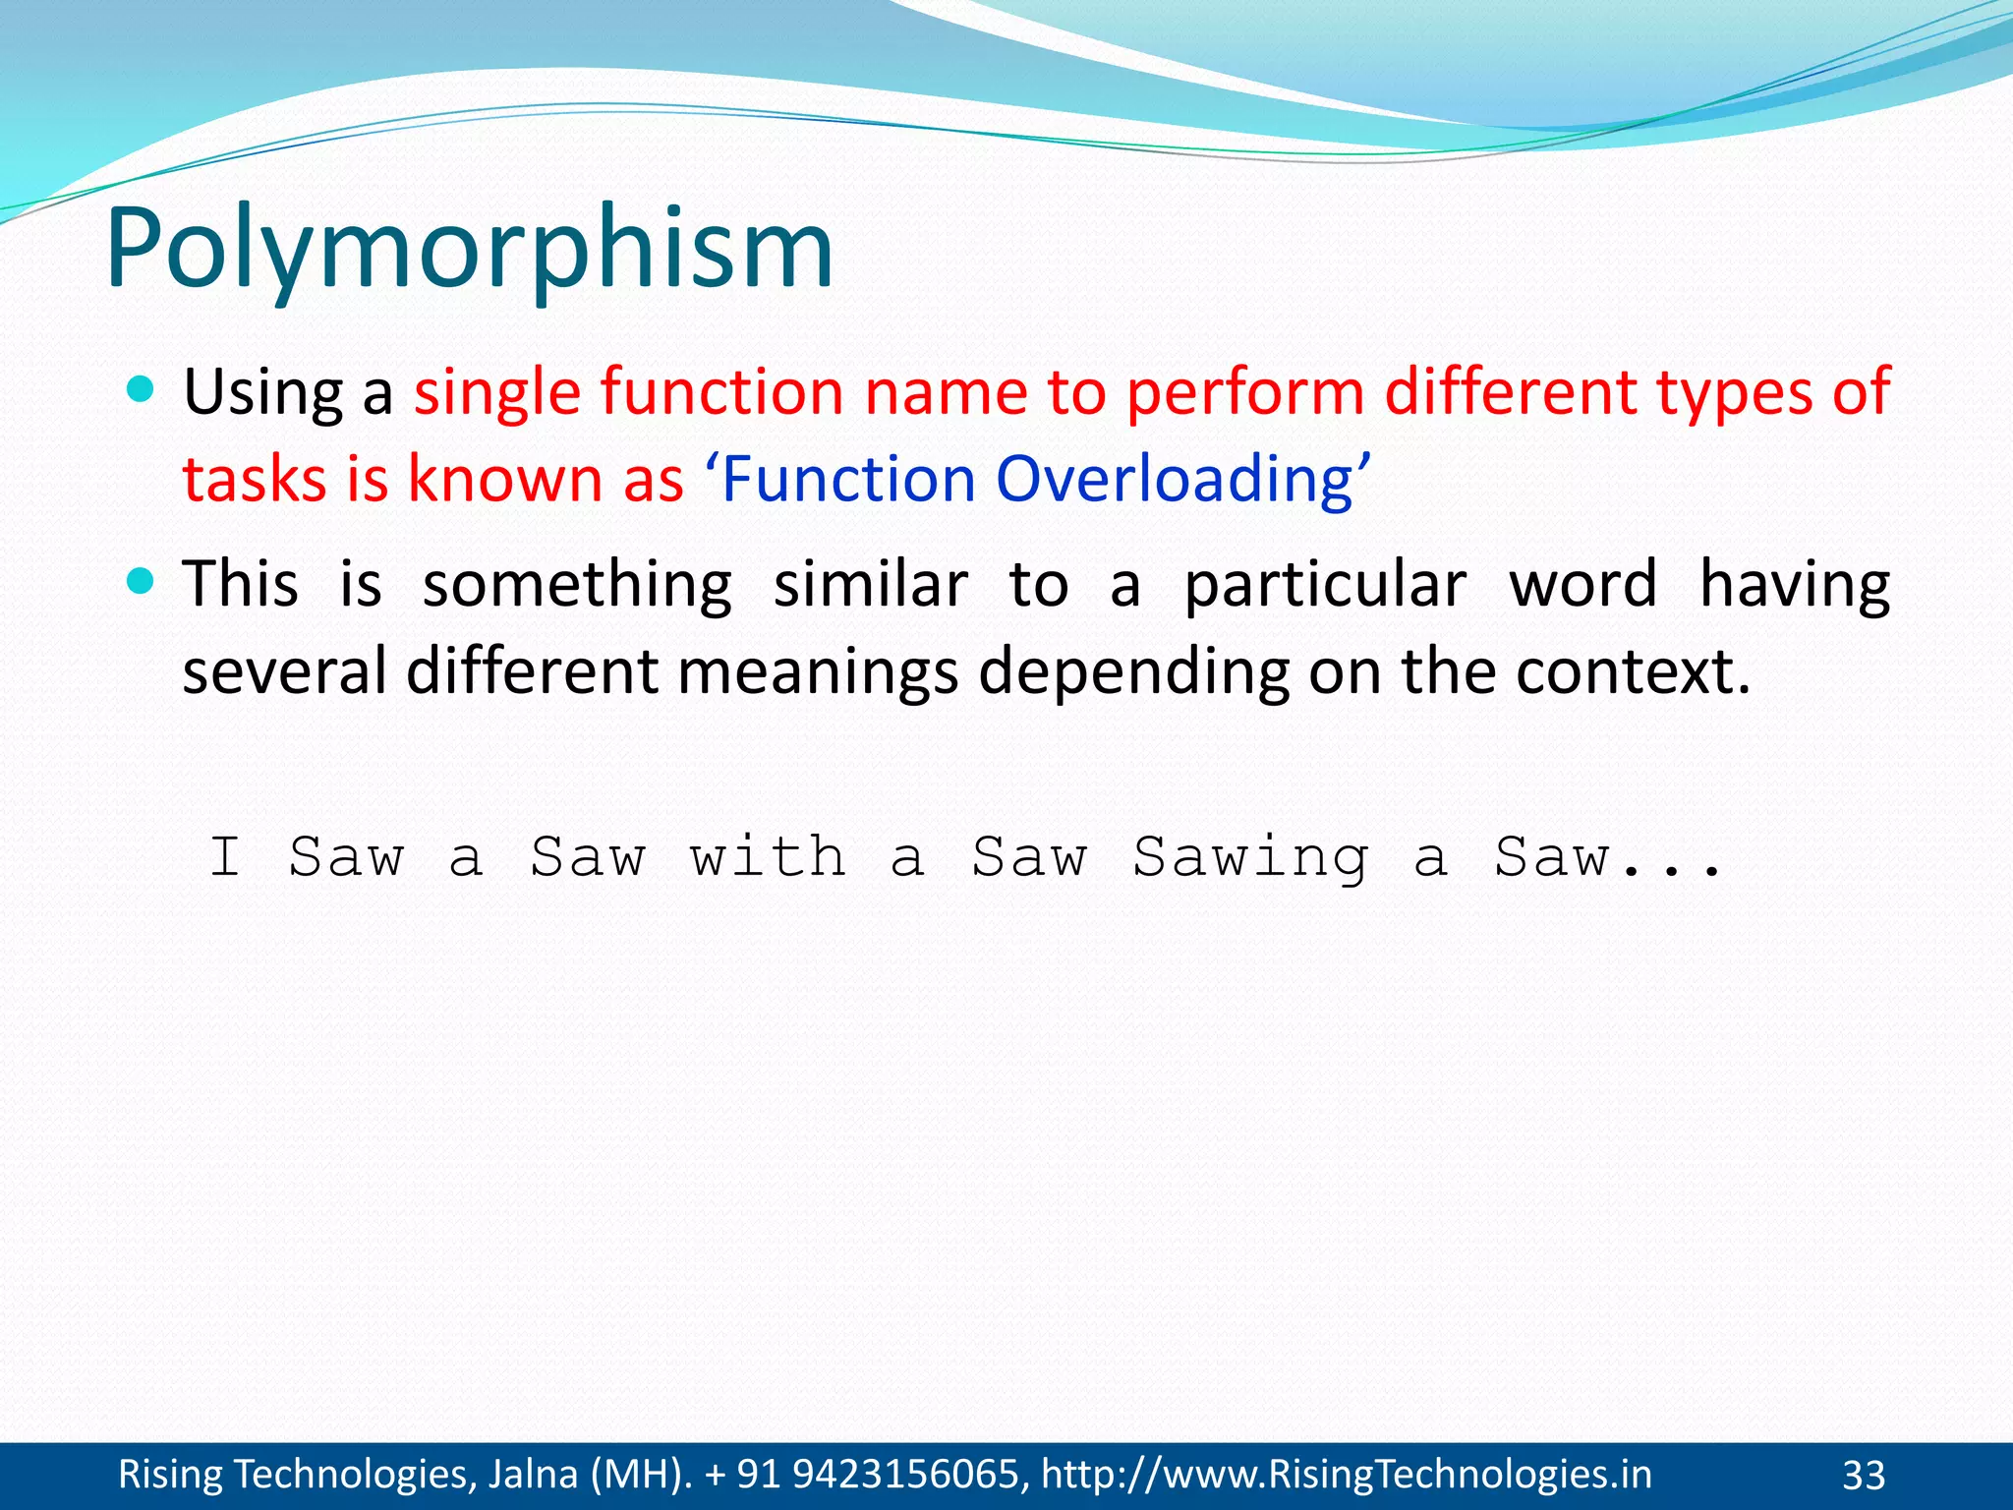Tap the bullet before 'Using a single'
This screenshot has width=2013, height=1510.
point(142,390)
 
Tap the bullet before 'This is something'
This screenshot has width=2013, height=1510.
point(142,582)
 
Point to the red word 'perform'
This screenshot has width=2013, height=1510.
point(1244,391)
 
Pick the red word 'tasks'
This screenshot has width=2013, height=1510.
point(255,480)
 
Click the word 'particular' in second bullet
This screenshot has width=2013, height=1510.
point(1325,585)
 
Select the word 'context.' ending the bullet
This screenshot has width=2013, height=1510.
point(1633,671)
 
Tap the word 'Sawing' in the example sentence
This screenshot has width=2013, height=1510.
point(1250,857)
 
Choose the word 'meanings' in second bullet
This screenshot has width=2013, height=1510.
point(818,671)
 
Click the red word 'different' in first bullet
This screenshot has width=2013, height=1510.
point(1513,391)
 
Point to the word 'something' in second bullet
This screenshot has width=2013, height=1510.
point(577,585)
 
